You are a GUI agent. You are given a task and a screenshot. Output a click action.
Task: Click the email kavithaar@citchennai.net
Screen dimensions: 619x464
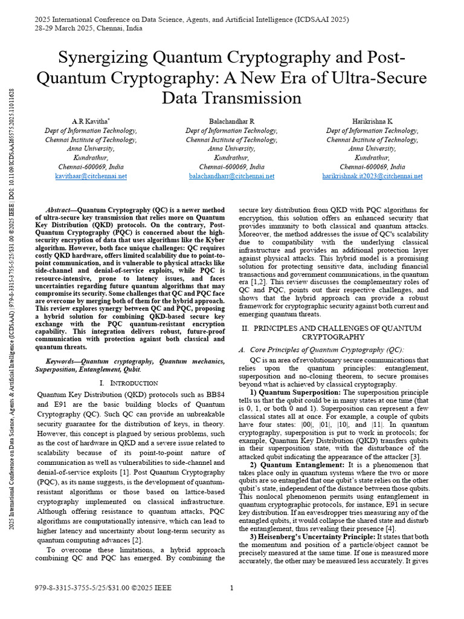click(91, 177)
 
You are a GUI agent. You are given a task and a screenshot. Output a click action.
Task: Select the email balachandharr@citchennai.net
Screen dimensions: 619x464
click(231, 177)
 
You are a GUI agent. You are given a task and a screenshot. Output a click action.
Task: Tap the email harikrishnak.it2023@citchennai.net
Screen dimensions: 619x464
click(372, 177)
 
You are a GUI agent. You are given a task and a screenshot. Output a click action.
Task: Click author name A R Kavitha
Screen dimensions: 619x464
click(90, 122)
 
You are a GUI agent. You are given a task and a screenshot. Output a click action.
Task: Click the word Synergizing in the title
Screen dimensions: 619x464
click(104, 59)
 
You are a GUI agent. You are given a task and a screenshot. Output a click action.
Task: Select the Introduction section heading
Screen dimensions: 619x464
click(129, 383)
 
